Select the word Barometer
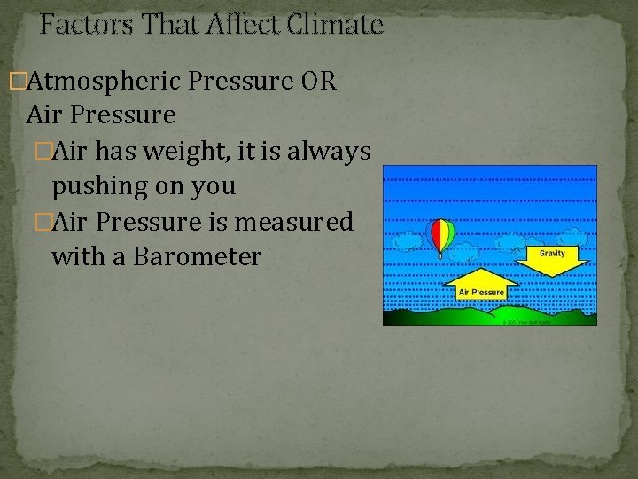[196, 256]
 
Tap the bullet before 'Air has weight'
[43, 152]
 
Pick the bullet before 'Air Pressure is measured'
[43, 222]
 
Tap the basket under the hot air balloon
[441, 255]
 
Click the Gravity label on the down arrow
[552, 253]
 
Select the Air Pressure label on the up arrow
[480, 292]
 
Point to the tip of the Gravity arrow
[552, 276]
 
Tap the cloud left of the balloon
[408, 240]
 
